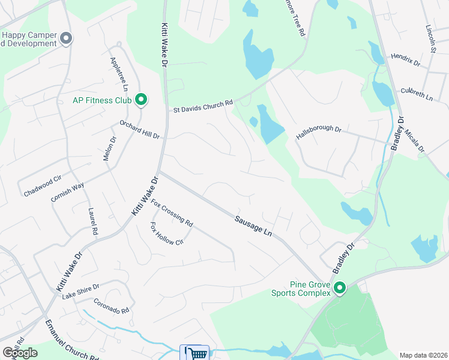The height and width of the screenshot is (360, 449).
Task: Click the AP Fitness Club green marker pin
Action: (x=141, y=100)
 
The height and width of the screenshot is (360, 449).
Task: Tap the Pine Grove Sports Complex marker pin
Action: (x=340, y=289)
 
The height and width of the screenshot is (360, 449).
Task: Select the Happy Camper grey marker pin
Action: (x=67, y=39)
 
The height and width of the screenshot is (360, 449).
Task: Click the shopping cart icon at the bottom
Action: (x=194, y=353)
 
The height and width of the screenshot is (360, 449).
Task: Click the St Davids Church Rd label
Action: (x=203, y=106)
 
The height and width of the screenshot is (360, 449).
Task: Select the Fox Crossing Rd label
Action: (x=172, y=213)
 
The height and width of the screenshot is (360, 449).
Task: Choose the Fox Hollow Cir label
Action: (x=166, y=234)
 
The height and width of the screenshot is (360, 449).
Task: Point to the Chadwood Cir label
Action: (x=43, y=186)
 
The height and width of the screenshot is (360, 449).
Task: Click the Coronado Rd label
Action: (x=111, y=307)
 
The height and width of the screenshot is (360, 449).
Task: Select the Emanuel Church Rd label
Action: (x=71, y=339)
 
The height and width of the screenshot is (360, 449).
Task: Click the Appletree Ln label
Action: (x=116, y=75)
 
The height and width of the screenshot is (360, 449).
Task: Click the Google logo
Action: (x=20, y=352)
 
